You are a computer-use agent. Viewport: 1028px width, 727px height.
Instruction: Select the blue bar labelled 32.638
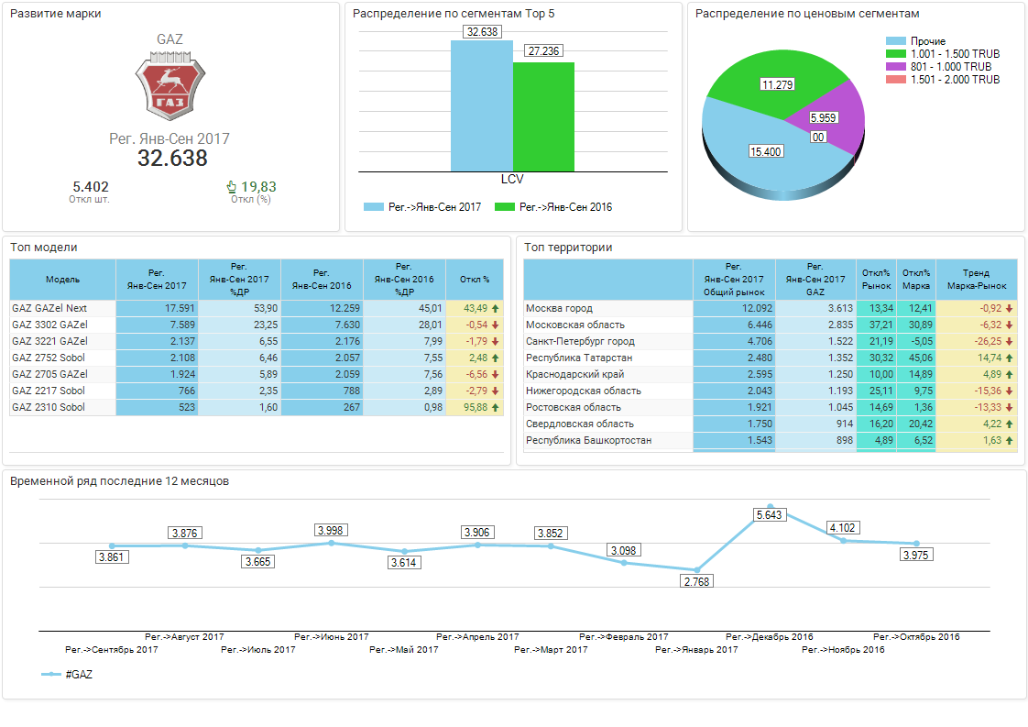tap(481, 105)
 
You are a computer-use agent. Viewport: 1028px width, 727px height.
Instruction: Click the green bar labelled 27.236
tap(543, 116)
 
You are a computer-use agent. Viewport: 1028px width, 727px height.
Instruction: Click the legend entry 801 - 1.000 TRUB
tap(950, 67)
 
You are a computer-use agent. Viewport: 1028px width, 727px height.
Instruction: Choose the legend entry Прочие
tap(927, 41)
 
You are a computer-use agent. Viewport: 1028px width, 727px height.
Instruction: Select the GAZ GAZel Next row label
tap(49, 308)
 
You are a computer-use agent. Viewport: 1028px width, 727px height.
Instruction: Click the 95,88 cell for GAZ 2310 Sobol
tap(475, 407)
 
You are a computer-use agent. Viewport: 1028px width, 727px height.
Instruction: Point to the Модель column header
tap(62, 279)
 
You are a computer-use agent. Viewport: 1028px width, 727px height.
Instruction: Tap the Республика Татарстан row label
tap(579, 358)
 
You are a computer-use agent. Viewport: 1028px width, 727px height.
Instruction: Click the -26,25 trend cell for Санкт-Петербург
tap(977, 341)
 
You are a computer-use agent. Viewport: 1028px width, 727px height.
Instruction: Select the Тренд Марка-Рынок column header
tap(977, 279)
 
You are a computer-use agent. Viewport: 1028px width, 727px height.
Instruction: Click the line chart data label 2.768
tap(696, 581)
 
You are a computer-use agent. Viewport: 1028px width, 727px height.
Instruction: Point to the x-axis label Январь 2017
tap(697, 650)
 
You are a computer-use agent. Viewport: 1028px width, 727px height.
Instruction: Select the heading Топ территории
tap(568, 248)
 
